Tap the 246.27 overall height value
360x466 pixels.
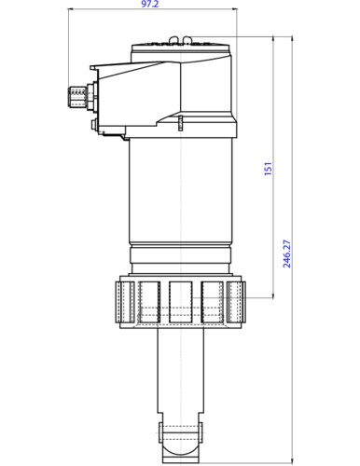[288, 253]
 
